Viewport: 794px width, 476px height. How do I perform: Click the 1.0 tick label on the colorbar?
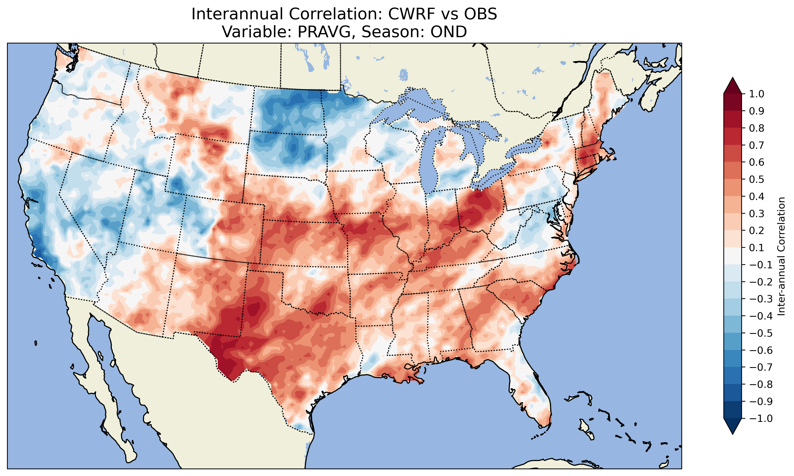tap(757, 94)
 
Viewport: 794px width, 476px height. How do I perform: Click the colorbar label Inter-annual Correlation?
tap(781, 256)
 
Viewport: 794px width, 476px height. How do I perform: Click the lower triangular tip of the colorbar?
tap(732, 431)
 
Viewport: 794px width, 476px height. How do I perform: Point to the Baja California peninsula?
tap(106, 385)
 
